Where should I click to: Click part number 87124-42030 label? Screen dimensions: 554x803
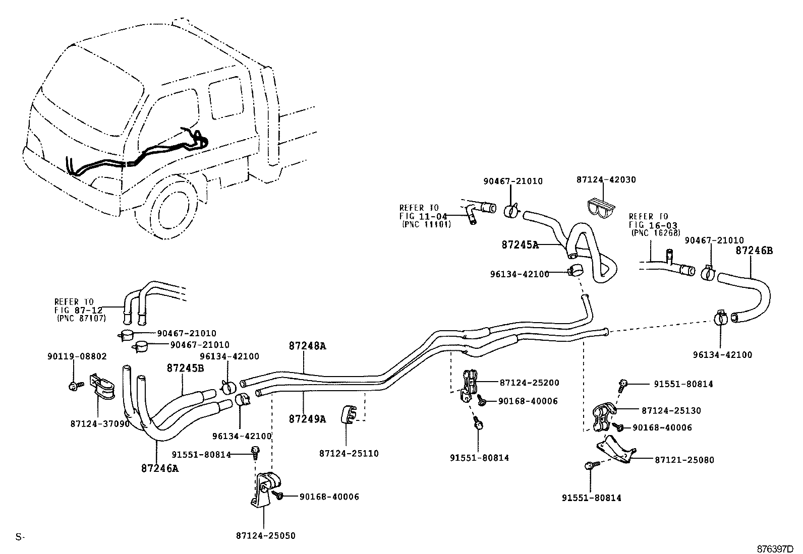pos(606,179)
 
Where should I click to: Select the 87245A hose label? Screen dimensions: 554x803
pos(520,245)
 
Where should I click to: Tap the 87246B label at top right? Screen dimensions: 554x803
pos(754,250)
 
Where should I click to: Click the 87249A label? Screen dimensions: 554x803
pos(307,418)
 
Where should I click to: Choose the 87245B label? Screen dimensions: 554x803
pos(185,368)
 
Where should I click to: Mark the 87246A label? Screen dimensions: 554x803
pos(160,468)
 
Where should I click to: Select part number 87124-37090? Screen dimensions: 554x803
pos(100,424)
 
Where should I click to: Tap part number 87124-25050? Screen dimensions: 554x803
pos(265,535)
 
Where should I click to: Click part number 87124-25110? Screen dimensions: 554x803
pos(349,453)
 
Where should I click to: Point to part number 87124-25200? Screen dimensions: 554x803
pos(529,383)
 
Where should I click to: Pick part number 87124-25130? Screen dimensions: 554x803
pos(671,411)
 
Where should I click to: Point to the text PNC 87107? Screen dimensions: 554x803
pos(80,318)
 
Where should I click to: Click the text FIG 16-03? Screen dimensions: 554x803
pos(653,225)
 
